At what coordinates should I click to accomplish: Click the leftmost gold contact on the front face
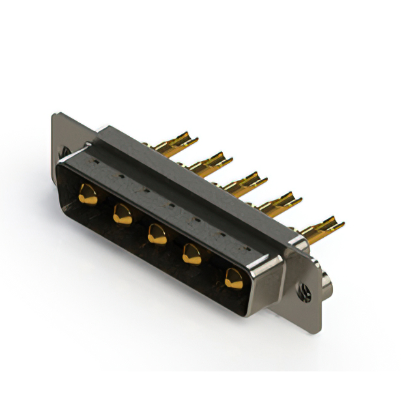[x=87, y=194]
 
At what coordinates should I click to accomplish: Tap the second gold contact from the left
[x=122, y=214]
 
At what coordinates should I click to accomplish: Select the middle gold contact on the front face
[x=156, y=234]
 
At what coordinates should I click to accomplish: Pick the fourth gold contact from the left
[x=192, y=254]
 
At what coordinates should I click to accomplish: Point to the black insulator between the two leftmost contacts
[x=105, y=205]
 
